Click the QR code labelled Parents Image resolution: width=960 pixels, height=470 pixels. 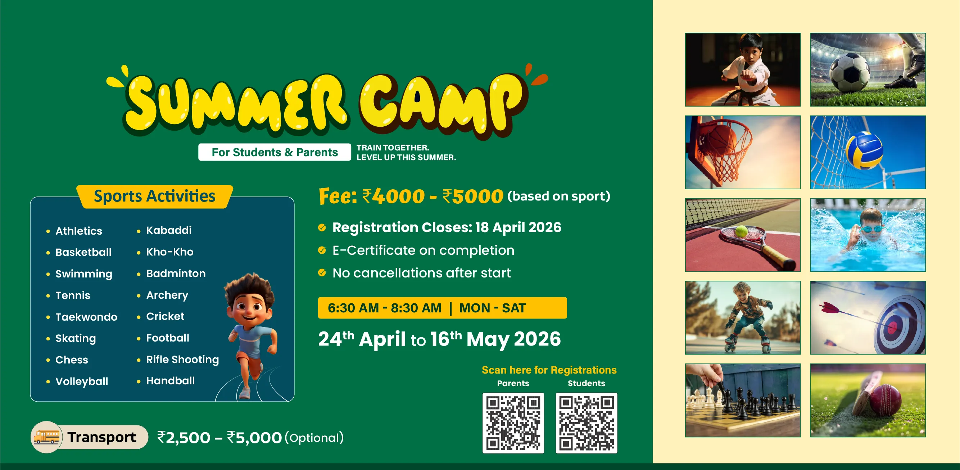click(x=513, y=423)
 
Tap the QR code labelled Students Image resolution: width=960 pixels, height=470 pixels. click(x=586, y=423)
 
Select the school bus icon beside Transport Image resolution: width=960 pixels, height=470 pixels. click(x=46, y=437)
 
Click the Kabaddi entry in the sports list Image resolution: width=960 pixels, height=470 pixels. click(x=169, y=230)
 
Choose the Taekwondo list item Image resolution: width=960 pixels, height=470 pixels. click(x=86, y=317)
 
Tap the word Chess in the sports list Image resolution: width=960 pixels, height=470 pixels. click(x=72, y=360)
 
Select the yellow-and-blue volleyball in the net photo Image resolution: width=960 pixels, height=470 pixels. click(x=864, y=150)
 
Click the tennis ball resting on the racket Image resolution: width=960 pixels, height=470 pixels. click(x=741, y=231)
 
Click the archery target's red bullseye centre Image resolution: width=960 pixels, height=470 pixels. click(x=893, y=327)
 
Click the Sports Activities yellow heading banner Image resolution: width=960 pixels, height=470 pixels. click(x=155, y=196)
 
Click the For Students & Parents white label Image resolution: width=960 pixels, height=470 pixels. click(x=275, y=152)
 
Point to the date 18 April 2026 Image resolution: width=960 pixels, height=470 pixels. click(x=518, y=227)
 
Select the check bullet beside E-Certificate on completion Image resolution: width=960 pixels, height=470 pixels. click(x=322, y=250)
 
